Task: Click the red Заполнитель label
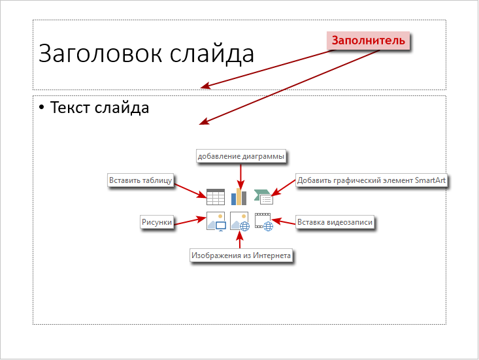368,41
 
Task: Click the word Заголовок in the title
100,54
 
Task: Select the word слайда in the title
212,54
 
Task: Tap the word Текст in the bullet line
70,108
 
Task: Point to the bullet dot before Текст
42,108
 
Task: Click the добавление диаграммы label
241,156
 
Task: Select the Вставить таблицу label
140,180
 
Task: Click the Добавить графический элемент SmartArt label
371,180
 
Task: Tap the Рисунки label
157,222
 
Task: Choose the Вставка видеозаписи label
335,222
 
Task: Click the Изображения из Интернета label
241,255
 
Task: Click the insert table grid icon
216,197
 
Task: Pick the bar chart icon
239,197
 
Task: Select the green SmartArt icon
263,197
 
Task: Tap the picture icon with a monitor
216,221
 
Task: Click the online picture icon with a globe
240,221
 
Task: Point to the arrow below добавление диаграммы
240,177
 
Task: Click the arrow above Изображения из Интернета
240,240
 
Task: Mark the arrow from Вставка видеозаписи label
284,221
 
